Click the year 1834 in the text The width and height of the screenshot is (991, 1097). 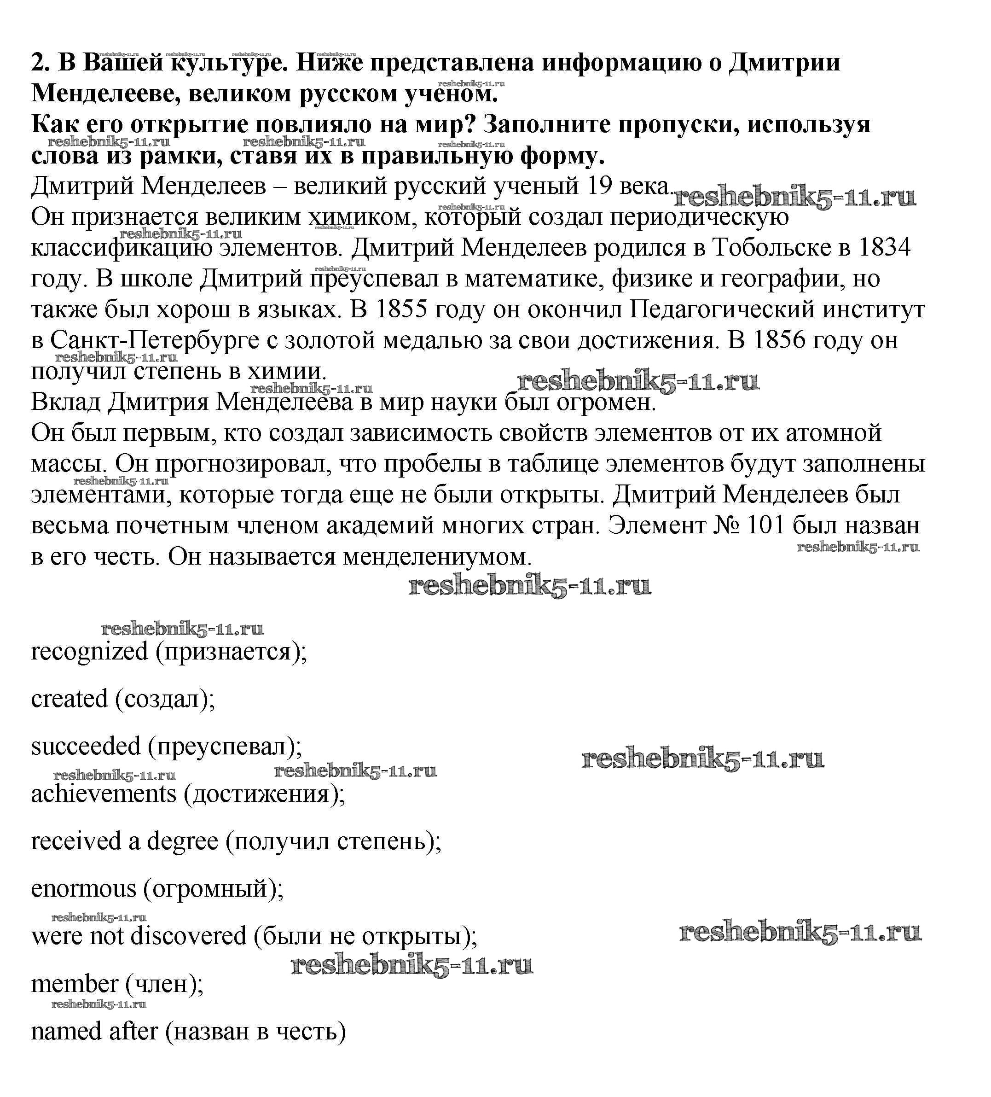(x=884, y=248)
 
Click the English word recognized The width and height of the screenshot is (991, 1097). (x=90, y=651)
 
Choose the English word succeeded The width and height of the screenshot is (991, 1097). (x=86, y=746)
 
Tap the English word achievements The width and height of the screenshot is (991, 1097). (x=104, y=794)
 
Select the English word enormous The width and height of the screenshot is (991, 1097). (x=84, y=888)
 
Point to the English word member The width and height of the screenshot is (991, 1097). (x=75, y=984)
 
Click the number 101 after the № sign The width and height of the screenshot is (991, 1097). (x=766, y=525)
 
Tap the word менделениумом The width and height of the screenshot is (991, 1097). (x=437, y=557)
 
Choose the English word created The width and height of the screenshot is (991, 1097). (x=70, y=699)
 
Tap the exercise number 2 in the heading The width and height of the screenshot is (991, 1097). (x=38, y=63)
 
